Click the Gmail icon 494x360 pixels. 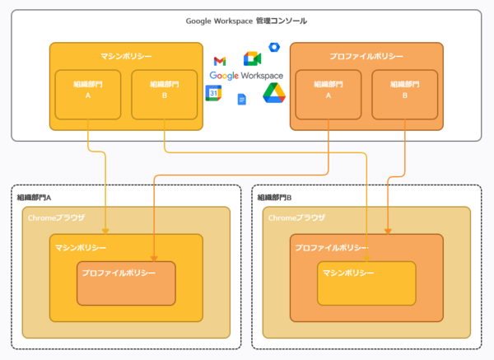click(219, 60)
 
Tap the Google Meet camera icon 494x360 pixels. click(252, 58)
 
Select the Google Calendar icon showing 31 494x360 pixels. click(213, 93)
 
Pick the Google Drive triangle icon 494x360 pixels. click(273, 94)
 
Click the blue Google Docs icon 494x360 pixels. click(242, 100)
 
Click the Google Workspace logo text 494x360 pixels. click(246, 75)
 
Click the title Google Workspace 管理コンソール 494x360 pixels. click(246, 20)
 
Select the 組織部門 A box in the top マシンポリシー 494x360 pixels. click(88, 88)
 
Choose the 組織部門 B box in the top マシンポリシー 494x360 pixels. click(164, 88)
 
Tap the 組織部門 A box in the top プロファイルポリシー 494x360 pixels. click(329, 88)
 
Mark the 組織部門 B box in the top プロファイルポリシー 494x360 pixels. click(404, 88)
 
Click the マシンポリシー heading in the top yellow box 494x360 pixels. click(126, 55)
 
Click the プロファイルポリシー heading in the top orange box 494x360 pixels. click(366, 55)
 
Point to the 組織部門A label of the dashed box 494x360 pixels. click(35, 197)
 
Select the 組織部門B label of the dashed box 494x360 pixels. click(275, 197)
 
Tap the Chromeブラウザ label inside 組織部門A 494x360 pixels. click(56, 217)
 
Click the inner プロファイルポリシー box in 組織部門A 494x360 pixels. click(126, 283)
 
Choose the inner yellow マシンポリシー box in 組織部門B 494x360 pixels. click(366, 283)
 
